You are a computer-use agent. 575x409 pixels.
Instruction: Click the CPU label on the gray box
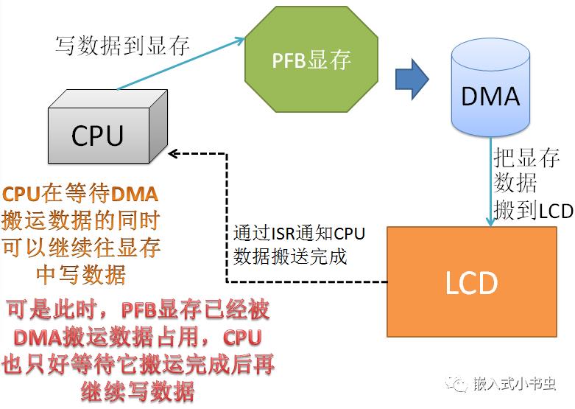pyautogui.click(x=97, y=136)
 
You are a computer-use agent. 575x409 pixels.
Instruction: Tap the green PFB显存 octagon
pyautogui.click(x=311, y=59)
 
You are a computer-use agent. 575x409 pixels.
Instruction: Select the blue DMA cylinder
pyautogui.click(x=490, y=88)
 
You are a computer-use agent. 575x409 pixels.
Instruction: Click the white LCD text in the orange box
pyautogui.click(x=472, y=282)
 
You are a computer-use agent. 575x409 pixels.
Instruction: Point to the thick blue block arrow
pyautogui.click(x=412, y=79)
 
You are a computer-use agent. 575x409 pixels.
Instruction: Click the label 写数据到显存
pyautogui.click(x=122, y=46)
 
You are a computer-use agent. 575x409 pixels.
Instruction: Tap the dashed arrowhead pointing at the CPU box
pyautogui.click(x=173, y=154)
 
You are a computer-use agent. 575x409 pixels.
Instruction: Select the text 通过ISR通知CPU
pyautogui.click(x=299, y=234)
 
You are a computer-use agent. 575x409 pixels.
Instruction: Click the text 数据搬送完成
pyautogui.click(x=290, y=256)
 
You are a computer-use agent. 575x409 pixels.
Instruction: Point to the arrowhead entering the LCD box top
pyautogui.click(x=490, y=222)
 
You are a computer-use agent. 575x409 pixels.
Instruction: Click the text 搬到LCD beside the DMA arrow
pyautogui.click(x=533, y=211)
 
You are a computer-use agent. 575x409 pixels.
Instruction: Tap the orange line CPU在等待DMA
pyautogui.click(x=80, y=194)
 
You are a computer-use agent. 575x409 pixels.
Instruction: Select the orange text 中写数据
pyautogui.click(x=81, y=275)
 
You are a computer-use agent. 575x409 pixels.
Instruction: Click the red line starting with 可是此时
pyautogui.click(x=138, y=310)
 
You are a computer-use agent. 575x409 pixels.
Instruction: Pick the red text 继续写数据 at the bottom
pyautogui.click(x=138, y=392)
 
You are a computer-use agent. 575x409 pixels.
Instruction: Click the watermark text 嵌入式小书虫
pyautogui.click(x=515, y=384)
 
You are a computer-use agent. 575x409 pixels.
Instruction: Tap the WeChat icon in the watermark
pyautogui.click(x=456, y=385)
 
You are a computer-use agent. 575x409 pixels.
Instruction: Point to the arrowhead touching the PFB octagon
pyautogui.click(x=241, y=40)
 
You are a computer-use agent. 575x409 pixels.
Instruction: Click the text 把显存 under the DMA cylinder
pyautogui.click(x=526, y=158)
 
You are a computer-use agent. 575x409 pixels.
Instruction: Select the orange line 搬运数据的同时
pyautogui.click(x=80, y=220)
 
